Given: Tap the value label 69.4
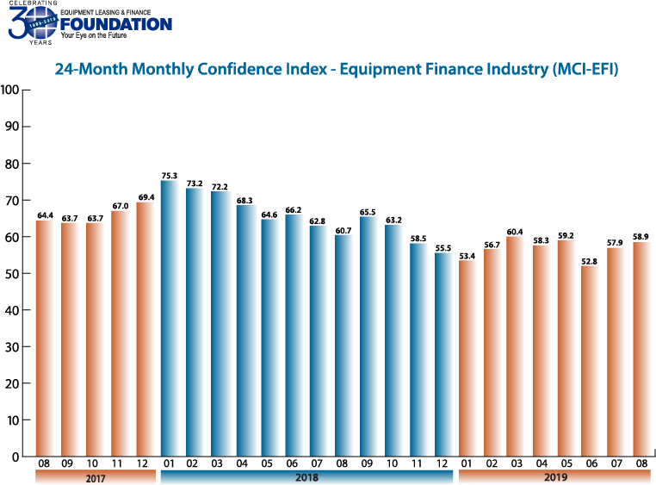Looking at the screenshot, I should pyautogui.click(x=145, y=197).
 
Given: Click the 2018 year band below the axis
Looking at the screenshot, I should pyautogui.click(x=306, y=476).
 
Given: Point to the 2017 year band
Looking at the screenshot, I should pyautogui.click(x=96, y=476).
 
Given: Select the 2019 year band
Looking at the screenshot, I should pyautogui.click(x=554, y=476).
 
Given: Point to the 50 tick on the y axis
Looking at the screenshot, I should pyautogui.click(x=13, y=273).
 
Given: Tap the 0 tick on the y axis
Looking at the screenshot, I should pyautogui.click(x=15, y=457).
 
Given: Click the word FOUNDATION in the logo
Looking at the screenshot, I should pyautogui.click(x=115, y=24).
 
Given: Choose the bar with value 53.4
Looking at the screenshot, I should pyautogui.click(x=468, y=358).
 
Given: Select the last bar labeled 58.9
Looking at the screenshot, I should pyautogui.click(x=642, y=349).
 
